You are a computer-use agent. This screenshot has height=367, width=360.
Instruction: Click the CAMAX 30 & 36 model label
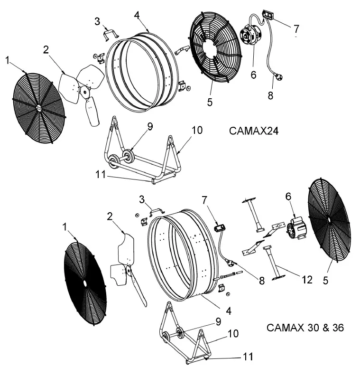[305, 328]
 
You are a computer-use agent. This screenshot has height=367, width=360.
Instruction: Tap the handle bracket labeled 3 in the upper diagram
[111, 34]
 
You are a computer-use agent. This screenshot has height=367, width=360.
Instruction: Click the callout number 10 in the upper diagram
[197, 130]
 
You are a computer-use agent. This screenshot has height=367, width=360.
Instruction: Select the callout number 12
[307, 280]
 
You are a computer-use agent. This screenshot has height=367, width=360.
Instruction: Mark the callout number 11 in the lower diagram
[248, 356]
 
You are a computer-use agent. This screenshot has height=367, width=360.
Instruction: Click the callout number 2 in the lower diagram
[110, 216]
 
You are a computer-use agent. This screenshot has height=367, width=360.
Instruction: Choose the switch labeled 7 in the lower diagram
[219, 228]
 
